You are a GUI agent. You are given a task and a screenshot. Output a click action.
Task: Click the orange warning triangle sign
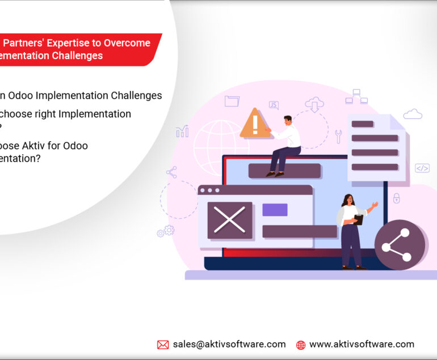coord(255,124)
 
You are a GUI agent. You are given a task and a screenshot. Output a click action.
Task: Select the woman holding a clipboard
coord(352,230)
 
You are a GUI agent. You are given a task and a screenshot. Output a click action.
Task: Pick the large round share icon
coord(400,244)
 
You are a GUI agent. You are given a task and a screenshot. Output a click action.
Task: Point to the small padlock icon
coord(396,198)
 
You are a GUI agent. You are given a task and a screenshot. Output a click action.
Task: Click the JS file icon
coord(274,105)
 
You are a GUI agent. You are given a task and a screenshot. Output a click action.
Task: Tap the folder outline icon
coord(232,101)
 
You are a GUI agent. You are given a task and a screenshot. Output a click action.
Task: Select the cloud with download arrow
coord(314,104)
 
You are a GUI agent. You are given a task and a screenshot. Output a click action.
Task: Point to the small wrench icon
coord(338,136)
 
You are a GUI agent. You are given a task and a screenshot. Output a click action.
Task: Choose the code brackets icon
coord(422,168)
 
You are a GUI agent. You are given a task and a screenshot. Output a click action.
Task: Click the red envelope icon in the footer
coord(163,345)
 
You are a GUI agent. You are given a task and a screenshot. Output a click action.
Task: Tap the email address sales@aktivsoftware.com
coord(229,344)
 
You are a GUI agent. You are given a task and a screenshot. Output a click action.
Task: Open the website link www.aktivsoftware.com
coord(362,344)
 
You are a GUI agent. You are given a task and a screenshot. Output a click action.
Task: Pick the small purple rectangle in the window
coord(275,210)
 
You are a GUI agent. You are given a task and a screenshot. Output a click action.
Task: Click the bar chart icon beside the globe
coord(182,132)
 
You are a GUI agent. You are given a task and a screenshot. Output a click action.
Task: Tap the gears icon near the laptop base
coord(166,231)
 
